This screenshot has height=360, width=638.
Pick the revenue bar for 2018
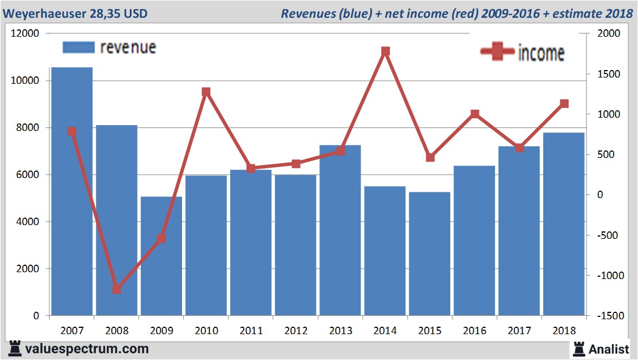(564, 224)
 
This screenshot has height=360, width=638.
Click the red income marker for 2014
(385, 51)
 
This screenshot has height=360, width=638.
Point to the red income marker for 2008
(117, 289)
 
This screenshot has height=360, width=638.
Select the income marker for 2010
(206, 92)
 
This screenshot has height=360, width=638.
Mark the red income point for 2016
(475, 114)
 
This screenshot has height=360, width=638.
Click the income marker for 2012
(296, 164)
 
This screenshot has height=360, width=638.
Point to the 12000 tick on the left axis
(25, 34)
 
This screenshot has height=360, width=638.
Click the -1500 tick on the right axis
(609, 316)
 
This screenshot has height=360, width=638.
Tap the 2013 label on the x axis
(341, 331)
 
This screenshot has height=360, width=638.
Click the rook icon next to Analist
(578, 349)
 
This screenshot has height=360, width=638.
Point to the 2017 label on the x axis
(520, 331)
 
